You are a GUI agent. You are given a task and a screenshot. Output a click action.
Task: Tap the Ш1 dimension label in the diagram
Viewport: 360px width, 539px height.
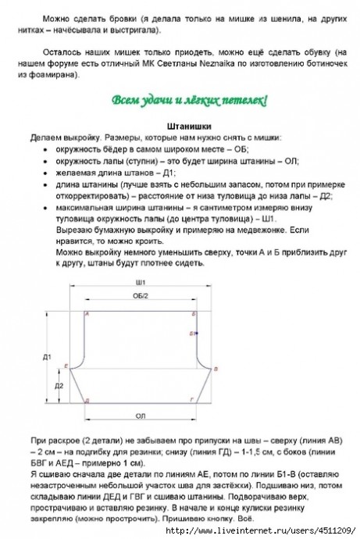pos(141,281)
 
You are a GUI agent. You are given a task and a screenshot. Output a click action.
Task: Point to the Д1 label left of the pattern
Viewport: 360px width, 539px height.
pos(47,357)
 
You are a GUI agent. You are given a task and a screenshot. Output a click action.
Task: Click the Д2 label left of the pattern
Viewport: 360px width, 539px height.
pos(59,386)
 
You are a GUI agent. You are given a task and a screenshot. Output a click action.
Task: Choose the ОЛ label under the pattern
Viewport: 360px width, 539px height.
pos(141,416)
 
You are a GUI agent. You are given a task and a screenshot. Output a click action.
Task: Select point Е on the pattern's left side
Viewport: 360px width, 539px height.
pos(67,366)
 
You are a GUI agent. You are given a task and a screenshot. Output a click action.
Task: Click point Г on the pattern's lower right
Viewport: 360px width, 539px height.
pos(194,400)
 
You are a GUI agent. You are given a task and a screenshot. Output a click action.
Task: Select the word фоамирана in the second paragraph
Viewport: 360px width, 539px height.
pos(70,76)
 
